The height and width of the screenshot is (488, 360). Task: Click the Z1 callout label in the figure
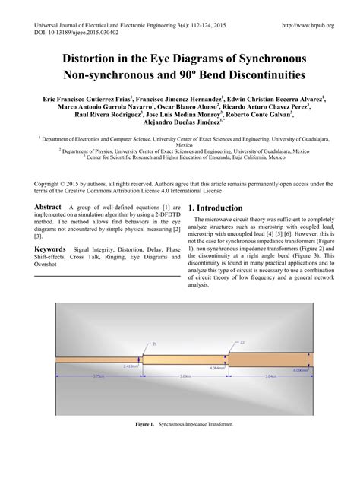155,344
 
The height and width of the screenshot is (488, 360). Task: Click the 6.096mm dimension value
301,370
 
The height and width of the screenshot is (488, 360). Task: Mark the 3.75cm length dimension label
98,376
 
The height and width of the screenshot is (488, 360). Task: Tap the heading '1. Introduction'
216,208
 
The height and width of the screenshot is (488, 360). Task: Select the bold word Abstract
48,207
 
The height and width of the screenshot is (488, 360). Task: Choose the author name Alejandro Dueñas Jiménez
178,122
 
